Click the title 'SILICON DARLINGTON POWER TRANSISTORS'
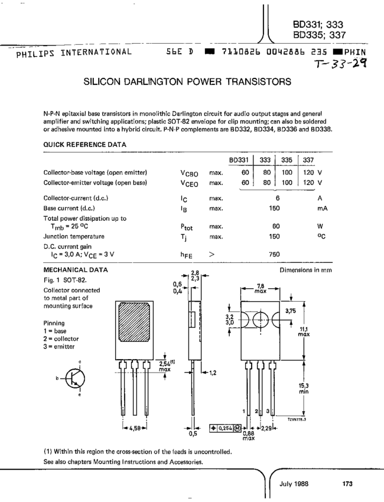[x=187, y=80]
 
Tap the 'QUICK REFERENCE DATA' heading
[x=84, y=144]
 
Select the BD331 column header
[x=239, y=160]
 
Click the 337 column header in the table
[x=308, y=160]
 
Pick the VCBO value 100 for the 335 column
[x=287, y=172]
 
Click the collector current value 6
[x=277, y=198]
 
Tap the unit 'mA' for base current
[x=322, y=208]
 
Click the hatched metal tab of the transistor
[x=138, y=323]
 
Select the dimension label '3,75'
[x=290, y=311]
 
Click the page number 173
[x=347, y=484]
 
